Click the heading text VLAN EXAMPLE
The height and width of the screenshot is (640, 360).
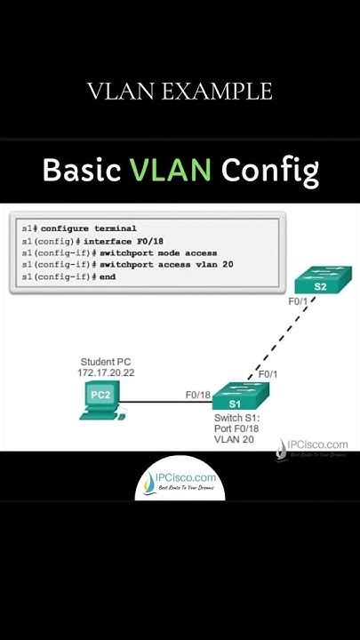point(180,91)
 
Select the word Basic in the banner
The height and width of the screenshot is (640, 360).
point(83,171)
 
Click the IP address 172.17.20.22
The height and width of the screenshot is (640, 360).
point(104,373)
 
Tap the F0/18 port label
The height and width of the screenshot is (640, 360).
point(197,394)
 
